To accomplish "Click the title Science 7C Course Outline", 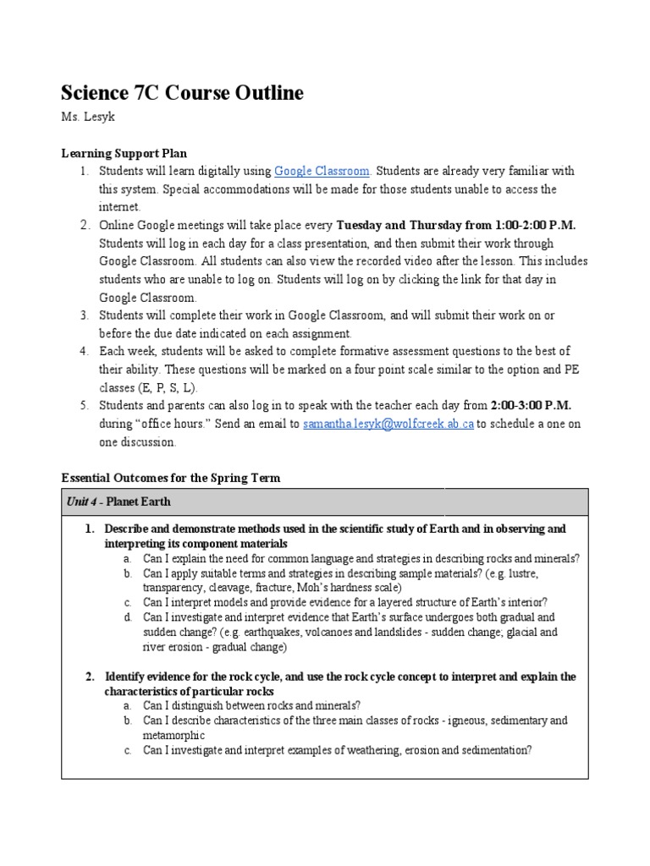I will pyautogui.click(x=182, y=93).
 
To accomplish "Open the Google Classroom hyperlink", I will pyautogui.click(x=322, y=171).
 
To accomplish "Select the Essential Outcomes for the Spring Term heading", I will pyautogui.click(x=171, y=478).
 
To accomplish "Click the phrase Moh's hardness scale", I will pyautogui.click(x=346, y=588).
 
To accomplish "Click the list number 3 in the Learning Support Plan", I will pyautogui.click(x=85, y=315).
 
